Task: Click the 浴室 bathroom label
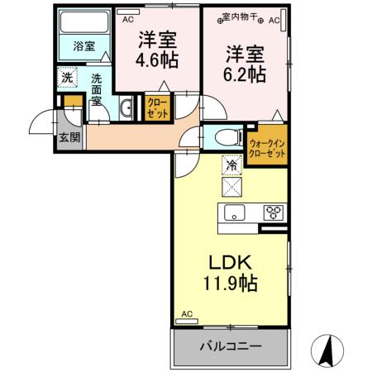[x=84, y=45]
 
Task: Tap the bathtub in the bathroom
[x=84, y=23]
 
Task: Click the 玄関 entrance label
[x=69, y=138]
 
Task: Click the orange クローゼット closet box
[x=156, y=108]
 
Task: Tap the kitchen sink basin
[x=234, y=213]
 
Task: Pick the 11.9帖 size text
[x=231, y=284]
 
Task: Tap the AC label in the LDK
[x=186, y=314]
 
